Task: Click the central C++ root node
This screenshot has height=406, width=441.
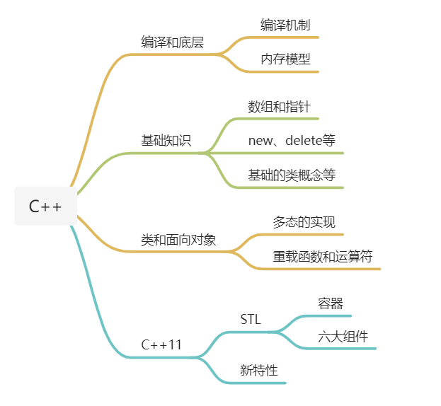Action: click(x=45, y=207)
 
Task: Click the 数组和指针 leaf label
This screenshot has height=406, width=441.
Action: click(x=279, y=107)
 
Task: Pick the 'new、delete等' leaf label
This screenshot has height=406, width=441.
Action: click(x=292, y=140)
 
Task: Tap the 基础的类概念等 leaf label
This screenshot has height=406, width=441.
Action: click(x=292, y=175)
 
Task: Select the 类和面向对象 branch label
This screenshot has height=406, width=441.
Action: click(x=178, y=240)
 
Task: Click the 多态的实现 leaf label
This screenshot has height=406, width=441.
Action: click(x=304, y=222)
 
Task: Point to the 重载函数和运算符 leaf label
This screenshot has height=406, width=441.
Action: click(x=323, y=256)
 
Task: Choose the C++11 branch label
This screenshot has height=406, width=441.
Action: click(x=161, y=345)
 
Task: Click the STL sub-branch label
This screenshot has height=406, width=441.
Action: click(x=251, y=320)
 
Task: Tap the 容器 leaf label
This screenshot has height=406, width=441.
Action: click(x=331, y=303)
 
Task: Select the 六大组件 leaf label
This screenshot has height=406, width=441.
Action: click(x=343, y=337)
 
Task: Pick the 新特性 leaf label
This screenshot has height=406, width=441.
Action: click(x=259, y=370)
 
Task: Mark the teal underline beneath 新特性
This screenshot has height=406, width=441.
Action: click(x=262, y=383)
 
